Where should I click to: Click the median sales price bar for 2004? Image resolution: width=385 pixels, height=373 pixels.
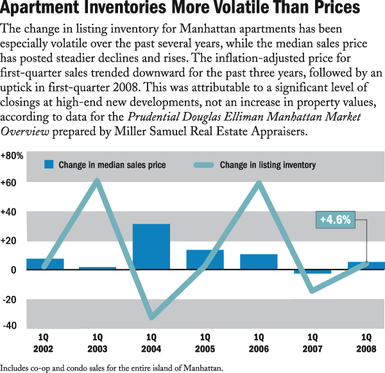pyautogui.click(x=151, y=246)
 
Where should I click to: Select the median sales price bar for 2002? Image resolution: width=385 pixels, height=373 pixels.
pyautogui.click(x=44, y=264)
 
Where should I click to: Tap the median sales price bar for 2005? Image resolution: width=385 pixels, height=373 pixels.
pyautogui.click(x=205, y=259)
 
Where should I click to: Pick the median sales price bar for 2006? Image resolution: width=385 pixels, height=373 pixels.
pyautogui.click(x=259, y=262)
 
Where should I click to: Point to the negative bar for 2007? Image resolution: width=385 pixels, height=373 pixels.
pyautogui.click(x=312, y=272)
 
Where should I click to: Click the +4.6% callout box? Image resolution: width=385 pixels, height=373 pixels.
pyautogui.click(x=336, y=219)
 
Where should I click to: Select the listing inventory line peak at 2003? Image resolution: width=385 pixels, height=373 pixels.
pyautogui.click(x=98, y=181)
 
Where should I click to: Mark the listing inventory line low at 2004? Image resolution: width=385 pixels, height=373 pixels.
pyautogui.click(x=151, y=316)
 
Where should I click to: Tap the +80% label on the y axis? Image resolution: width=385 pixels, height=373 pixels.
pyautogui.click(x=12, y=156)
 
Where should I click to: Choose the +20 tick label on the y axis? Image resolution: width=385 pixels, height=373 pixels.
pyautogui.click(x=9, y=241)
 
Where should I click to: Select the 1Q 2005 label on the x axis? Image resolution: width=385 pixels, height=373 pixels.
pyautogui.click(x=205, y=343)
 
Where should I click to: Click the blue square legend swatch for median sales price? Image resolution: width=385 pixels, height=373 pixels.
pyautogui.click(x=48, y=165)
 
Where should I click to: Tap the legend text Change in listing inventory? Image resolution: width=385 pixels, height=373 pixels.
pyautogui.click(x=268, y=165)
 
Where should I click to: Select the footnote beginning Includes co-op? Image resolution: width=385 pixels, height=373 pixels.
pyautogui.click(x=112, y=368)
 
